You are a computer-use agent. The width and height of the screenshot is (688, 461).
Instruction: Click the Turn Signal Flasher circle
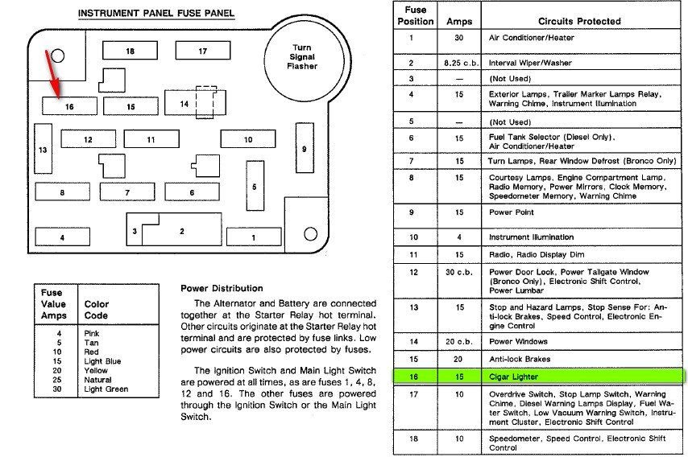(304, 56)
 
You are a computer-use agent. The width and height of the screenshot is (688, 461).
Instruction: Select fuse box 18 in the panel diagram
(130, 51)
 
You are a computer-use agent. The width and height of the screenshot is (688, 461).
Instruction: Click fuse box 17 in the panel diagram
(203, 51)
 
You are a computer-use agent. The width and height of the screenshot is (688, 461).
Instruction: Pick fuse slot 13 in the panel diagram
(43, 150)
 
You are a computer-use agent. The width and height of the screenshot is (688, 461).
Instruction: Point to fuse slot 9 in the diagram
(304, 149)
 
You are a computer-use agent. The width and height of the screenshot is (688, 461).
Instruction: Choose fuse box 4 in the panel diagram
(62, 237)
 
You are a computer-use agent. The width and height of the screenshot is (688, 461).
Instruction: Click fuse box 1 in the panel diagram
(254, 237)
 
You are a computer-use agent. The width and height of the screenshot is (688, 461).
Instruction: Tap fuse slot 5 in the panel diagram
(255, 187)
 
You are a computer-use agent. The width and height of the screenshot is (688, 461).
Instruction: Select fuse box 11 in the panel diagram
(151, 140)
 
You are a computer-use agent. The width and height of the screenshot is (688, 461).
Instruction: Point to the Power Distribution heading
(222, 288)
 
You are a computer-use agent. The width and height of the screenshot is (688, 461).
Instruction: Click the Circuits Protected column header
(578, 21)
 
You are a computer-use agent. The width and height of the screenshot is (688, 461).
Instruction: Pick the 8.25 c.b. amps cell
(459, 62)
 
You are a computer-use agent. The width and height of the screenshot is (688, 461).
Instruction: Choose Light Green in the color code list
(106, 389)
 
